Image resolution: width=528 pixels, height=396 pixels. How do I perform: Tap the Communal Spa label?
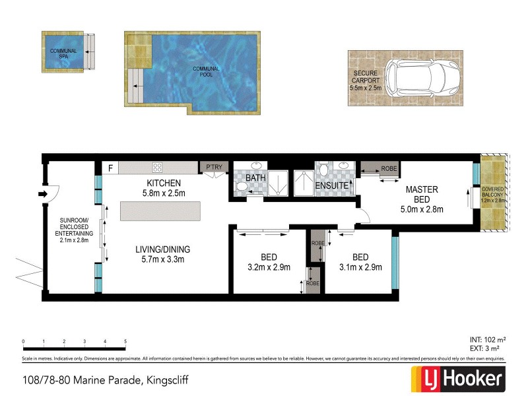click(63, 54)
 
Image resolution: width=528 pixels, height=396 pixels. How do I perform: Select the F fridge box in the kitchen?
click(110, 168)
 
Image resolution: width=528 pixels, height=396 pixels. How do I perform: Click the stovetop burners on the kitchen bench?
click(158, 168)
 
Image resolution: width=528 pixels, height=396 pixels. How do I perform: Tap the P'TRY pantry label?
click(213, 168)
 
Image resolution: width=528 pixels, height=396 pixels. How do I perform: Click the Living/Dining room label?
click(162, 254)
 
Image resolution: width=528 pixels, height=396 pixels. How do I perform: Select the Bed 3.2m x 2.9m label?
click(269, 262)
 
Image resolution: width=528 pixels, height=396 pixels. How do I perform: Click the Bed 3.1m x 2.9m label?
click(360, 262)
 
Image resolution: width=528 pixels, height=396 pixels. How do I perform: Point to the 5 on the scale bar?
click(125, 342)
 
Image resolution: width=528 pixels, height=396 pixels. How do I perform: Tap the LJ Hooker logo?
click(458, 379)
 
